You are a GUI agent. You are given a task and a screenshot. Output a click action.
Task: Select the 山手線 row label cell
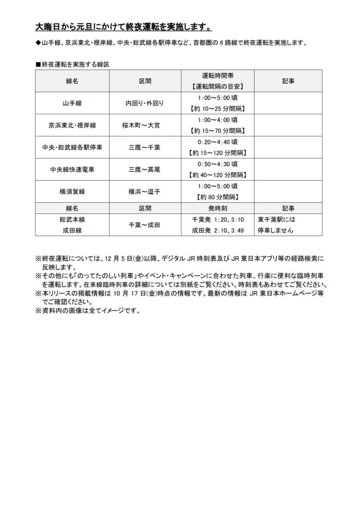point(72,104)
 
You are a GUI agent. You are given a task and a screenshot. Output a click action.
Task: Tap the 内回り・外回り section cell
point(144,104)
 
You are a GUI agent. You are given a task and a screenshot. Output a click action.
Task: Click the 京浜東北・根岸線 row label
point(72,126)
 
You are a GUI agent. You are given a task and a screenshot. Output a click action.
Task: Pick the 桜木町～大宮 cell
point(144,126)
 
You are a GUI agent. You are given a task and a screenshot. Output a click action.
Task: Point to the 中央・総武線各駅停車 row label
point(72,147)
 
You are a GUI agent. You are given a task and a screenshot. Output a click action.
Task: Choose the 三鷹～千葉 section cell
point(144,147)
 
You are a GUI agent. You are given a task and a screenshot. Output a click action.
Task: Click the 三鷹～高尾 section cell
point(144,170)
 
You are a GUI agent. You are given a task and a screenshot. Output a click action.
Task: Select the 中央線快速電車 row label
point(72,170)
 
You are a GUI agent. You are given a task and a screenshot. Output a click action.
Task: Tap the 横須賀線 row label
point(72,191)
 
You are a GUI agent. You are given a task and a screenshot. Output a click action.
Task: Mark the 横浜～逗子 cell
point(144,191)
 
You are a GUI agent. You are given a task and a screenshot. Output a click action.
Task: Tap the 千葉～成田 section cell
point(144,225)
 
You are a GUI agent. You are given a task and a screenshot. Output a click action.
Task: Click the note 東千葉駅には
point(277,219)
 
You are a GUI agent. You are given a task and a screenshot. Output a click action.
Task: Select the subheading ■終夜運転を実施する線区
point(72,64)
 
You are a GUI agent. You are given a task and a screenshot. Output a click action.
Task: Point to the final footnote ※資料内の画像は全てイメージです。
point(88,311)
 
